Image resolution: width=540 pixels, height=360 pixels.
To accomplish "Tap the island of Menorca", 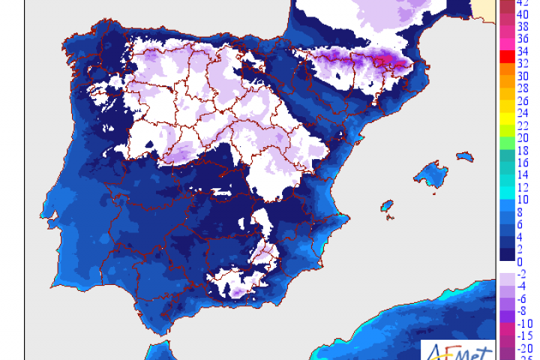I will (466, 158).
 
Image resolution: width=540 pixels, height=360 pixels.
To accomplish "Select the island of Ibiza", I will (387, 205).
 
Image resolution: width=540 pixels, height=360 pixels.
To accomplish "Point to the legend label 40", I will (523, 14).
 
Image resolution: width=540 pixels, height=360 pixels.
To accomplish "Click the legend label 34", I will (523, 51).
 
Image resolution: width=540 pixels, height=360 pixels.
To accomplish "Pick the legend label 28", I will (523, 88).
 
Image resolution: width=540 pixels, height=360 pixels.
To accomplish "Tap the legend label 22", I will (523, 124).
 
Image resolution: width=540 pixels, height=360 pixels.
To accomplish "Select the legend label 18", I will (523, 150).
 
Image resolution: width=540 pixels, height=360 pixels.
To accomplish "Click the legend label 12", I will (523, 187).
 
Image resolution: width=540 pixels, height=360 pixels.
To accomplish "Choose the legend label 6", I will (520, 223).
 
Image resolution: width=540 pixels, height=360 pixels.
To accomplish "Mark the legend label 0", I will (520, 260).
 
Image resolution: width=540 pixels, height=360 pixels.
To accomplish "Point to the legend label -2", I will (522, 273).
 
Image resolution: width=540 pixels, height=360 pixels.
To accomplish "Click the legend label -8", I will (522, 310).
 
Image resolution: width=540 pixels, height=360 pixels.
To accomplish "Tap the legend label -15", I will (523, 334).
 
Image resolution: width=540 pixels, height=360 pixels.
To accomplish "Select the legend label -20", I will (523, 347).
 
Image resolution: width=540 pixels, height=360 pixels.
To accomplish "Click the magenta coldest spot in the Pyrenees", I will (387, 60).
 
